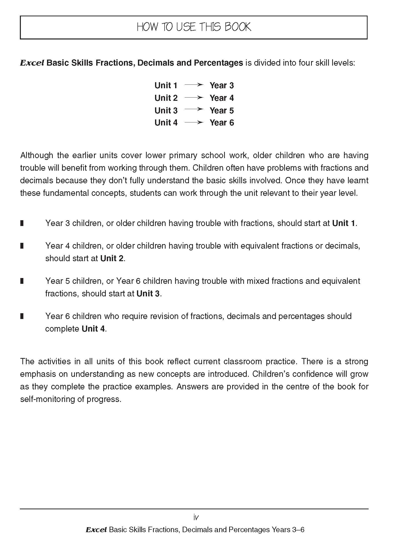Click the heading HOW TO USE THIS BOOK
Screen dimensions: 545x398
click(194, 27)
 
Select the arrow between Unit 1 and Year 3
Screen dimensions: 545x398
click(193, 85)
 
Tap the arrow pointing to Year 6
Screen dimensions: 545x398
click(193, 123)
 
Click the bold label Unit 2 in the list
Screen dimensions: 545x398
click(166, 98)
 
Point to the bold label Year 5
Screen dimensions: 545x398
click(222, 110)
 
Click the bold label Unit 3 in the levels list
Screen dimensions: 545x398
click(166, 110)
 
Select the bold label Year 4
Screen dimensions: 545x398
click(222, 98)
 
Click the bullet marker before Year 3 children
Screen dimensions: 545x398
click(22, 223)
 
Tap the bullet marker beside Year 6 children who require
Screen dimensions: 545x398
click(22, 316)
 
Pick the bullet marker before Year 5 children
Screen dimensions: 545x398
click(22, 281)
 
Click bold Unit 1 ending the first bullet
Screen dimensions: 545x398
click(343, 223)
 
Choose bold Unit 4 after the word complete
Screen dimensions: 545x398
click(93, 329)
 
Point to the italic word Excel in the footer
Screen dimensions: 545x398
click(96, 530)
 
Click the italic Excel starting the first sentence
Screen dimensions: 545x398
click(32, 63)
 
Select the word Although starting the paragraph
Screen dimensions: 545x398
click(37, 155)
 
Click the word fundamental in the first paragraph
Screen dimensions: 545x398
click(66, 193)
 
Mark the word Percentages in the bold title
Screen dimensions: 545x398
click(218, 63)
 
